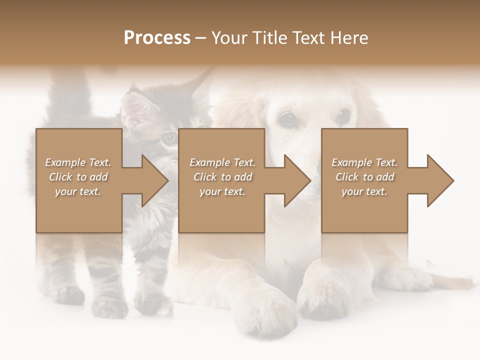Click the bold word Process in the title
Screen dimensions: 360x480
157,38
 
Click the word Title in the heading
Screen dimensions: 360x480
269,38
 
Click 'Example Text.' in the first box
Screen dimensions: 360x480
78,162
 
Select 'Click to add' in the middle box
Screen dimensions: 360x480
223,177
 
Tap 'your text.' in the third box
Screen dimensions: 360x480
364,191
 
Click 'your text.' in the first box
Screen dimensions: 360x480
78,191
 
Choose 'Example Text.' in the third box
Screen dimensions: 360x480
364,162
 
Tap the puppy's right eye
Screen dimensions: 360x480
343,116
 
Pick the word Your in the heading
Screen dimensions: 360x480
229,38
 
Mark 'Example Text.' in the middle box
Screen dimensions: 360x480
222,162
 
